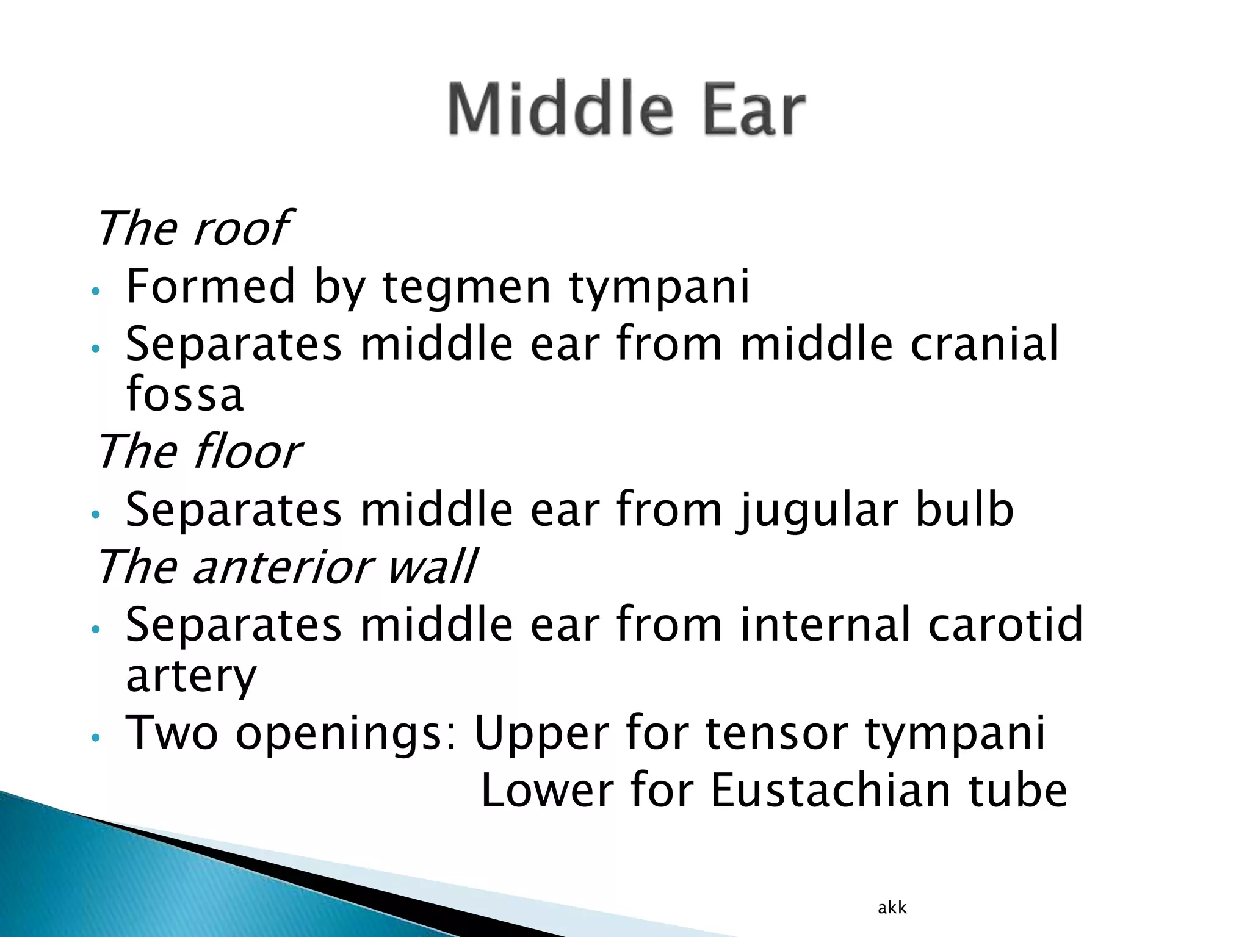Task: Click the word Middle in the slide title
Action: coord(560,110)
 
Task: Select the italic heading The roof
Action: coord(193,228)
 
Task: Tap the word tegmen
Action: coord(466,287)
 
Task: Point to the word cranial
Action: coord(984,344)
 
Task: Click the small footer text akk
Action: coord(892,908)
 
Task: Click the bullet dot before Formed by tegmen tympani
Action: coord(95,291)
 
